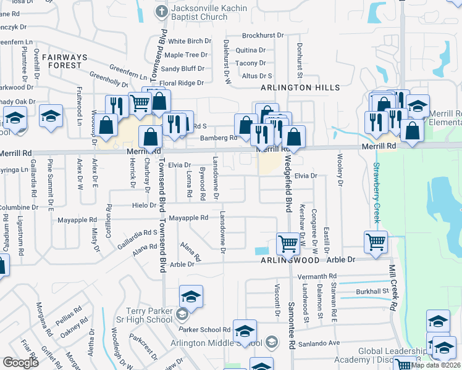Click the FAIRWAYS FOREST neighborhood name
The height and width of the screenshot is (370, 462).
tap(65, 60)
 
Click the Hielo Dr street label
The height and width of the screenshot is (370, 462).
tap(144, 205)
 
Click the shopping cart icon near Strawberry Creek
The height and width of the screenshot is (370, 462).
tap(376, 242)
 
